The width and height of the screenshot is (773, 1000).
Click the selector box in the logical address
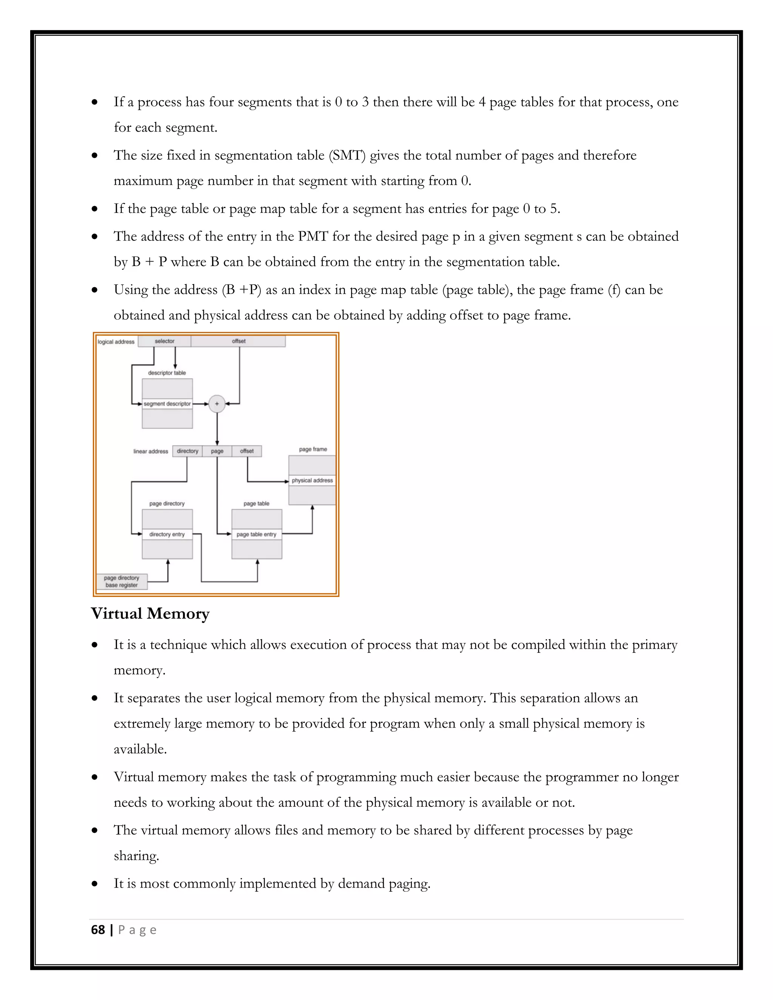[x=165, y=341]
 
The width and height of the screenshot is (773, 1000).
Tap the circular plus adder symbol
[x=217, y=404]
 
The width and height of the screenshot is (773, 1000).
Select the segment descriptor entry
[x=167, y=404]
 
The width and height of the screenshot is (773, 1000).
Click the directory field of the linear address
[x=188, y=451]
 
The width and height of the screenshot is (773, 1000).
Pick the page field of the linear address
[x=217, y=451]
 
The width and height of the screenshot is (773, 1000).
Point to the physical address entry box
[x=312, y=480]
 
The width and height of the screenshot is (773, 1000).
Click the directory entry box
[x=167, y=534]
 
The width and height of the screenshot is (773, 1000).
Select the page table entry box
[x=256, y=534]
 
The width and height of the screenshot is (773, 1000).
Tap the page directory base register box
[x=122, y=582]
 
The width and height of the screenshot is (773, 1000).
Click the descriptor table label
[x=167, y=373]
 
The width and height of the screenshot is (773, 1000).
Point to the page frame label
[x=313, y=449]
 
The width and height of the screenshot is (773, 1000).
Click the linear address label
[x=151, y=451]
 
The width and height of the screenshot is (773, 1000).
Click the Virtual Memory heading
[x=150, y=614]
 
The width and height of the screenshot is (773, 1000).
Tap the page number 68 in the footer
[x=98, y=930]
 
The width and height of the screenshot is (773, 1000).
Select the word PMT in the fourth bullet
[x=313, y=236]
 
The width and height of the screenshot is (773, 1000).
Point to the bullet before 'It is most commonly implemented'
[x=95, y=884]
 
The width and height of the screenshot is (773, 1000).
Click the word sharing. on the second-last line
[x=136, y=856]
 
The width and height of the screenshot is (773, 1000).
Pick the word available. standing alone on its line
[x=140, y=749]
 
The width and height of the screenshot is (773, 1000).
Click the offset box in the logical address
[x=239, y=341]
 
